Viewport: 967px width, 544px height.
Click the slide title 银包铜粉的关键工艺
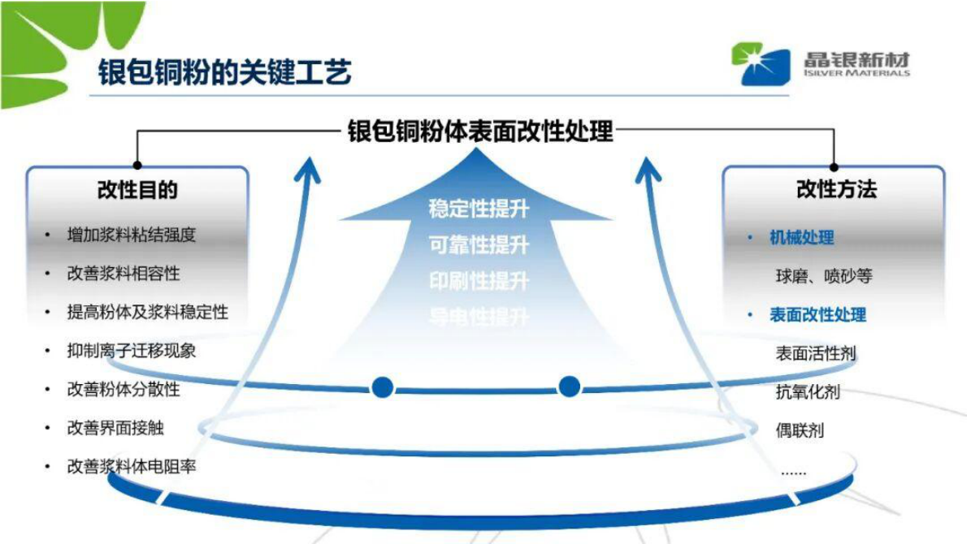pyautogui.click(x=224, y=72)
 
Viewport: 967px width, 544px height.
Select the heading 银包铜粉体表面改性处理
pyautogui.click(x=480, y=130)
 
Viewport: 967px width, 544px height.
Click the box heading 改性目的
pyautogui.click(x=137, y=190)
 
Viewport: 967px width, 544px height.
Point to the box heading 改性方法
pyautogui.click(x=836, y=190)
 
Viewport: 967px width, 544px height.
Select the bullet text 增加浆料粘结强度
pyautogui.click(x=131, y=235)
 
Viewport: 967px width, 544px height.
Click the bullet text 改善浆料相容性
pyautogui.click(x=123, y=274)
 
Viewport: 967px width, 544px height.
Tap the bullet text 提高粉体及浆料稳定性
pyautogui.click(x=147, y=312)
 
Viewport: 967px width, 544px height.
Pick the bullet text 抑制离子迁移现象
pyautogui.click(x=131, y=351)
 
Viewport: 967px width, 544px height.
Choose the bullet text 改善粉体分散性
pyautogui.click(x=123, y=389)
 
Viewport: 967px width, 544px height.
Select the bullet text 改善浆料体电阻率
pyautogui.click(x=131, y=467)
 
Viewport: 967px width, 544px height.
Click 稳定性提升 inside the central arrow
pyautogui.click(x=479, y=209)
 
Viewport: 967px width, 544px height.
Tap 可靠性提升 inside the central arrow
pyautogui.click(x=479, y=245)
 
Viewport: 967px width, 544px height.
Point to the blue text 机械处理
pyautogui.click(x=801, y=237)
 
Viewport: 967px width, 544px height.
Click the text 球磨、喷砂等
pyautogui.click(x=823, y=276)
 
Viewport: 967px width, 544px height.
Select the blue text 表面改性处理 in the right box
pyautogui.click(x=817, y=314)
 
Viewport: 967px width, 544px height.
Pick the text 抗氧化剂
pyautogui.click(x=807, y=392)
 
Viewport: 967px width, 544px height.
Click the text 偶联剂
pyautogui.click(x=799, y=430)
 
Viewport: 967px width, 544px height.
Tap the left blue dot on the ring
pyautogui.click(x=383, y=387)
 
